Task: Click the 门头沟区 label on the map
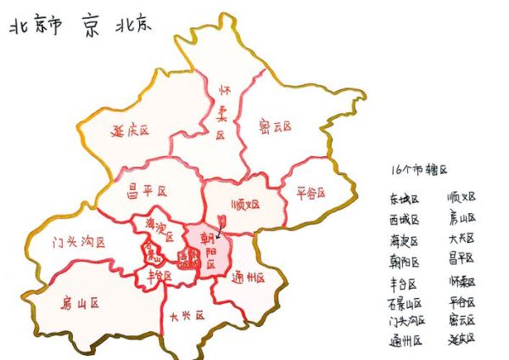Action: click(78, 242)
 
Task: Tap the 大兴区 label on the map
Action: click(187, 316)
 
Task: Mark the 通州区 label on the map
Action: click(249, 278)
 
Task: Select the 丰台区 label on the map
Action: click(160, 276)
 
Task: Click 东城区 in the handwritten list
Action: click(404, 199)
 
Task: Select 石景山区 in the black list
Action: click(406, 302)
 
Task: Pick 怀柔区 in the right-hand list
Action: click(461, 282)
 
